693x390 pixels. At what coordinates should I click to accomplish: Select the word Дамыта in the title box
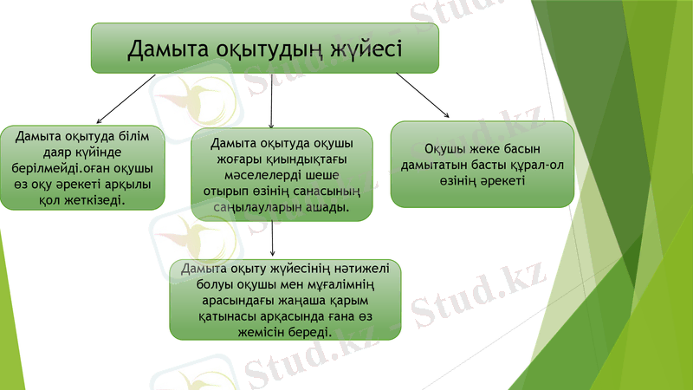click(x=166, y=49)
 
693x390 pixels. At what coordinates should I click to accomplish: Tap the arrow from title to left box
click(x=126, y=99)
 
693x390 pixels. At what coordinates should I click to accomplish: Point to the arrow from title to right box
click(x=423, y=94)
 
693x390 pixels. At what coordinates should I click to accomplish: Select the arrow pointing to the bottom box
click(x=274, y=238)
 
